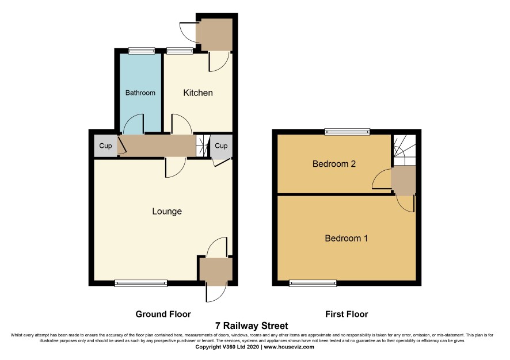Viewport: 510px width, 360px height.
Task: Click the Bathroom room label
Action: [x=140, y=93]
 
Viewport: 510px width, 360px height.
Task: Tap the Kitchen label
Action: [x=198, y=93]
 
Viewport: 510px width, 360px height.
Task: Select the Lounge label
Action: [x=167, y=212]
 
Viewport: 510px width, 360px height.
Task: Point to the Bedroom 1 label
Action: [x=346, y=239]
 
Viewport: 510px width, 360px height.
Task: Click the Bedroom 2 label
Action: [x=334, y=164]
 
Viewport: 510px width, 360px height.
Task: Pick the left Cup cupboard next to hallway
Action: [x=105, y=146]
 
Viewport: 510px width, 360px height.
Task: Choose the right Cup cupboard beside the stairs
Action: [x=221, y=146]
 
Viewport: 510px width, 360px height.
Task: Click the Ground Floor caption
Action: [x=163, y=314]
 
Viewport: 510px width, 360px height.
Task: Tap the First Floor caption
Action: [x=347, y=314]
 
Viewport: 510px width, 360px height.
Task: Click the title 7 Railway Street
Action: [x=252, y=325]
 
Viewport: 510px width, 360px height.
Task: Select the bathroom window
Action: [x=142, y=51]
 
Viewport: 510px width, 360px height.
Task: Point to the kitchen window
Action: [x=180, y=51]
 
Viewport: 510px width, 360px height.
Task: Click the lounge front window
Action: [x=141, y=284]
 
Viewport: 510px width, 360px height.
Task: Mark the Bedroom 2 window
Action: [x=347, y=132]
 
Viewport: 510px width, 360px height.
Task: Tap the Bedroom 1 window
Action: [x=313, y=284]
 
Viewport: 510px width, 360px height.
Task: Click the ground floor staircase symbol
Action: [x=202, y=146]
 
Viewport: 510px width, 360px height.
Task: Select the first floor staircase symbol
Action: [x=405, y=150]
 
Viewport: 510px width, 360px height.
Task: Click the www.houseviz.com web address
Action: [x=289, y=347]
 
